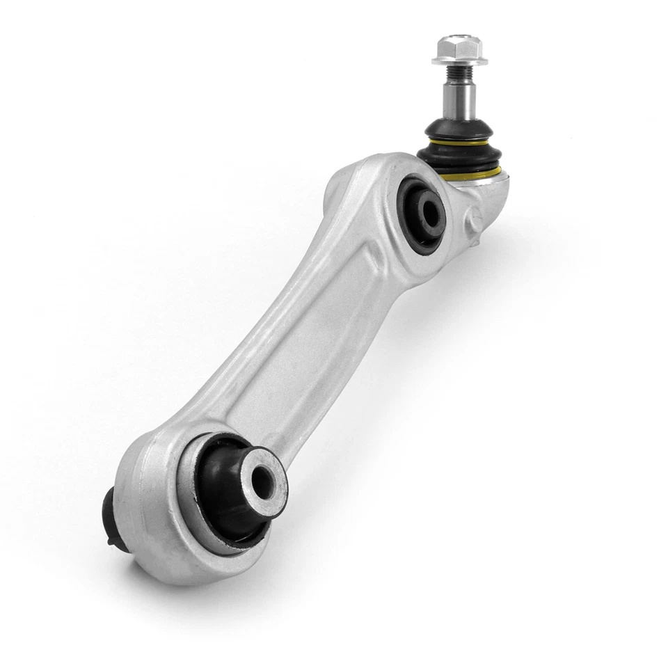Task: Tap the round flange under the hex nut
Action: point(459,61)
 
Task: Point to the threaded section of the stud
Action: point(459,72)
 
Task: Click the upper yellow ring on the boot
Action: point(460,141)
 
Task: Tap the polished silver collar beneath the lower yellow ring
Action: point(487,184)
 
